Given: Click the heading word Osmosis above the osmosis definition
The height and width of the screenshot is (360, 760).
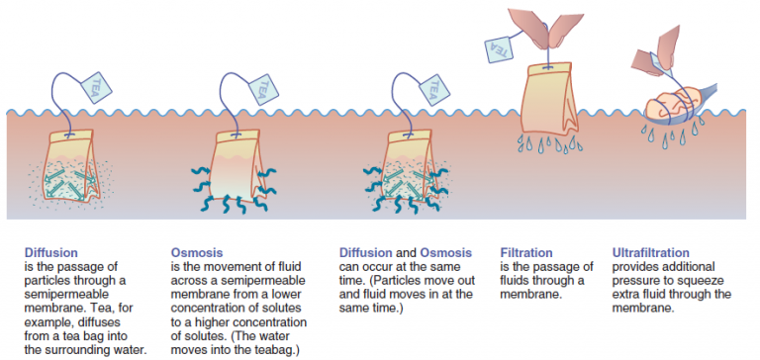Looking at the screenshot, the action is click(x=197, y=252).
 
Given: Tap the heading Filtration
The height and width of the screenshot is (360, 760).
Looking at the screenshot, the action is click(x=525, y=252).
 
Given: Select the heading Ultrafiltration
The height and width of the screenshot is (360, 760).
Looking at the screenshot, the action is click(x=650, y=252).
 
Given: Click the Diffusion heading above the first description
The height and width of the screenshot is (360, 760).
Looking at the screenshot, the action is click(x=50, y=252).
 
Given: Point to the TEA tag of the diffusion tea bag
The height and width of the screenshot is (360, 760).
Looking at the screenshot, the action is click(x=96, y=88).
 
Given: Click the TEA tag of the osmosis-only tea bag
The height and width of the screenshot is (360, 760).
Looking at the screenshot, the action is click(x=263, y=89).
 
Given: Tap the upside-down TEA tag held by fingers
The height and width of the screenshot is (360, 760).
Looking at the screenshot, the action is click(x=499, y=47).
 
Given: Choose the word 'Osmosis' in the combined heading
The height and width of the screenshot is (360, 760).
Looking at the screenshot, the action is click(x=445, y=252).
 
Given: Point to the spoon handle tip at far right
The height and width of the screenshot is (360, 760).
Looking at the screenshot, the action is click(x=715, y=86).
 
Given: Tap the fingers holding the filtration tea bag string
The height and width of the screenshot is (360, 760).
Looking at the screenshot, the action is click(x=539, y=27).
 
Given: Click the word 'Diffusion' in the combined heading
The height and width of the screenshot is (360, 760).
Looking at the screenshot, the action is click(x=365, y=252).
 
